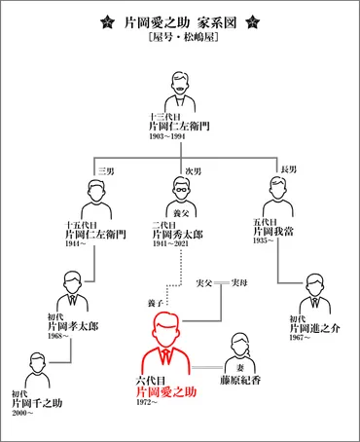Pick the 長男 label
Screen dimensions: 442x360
(x=277, y=172)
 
